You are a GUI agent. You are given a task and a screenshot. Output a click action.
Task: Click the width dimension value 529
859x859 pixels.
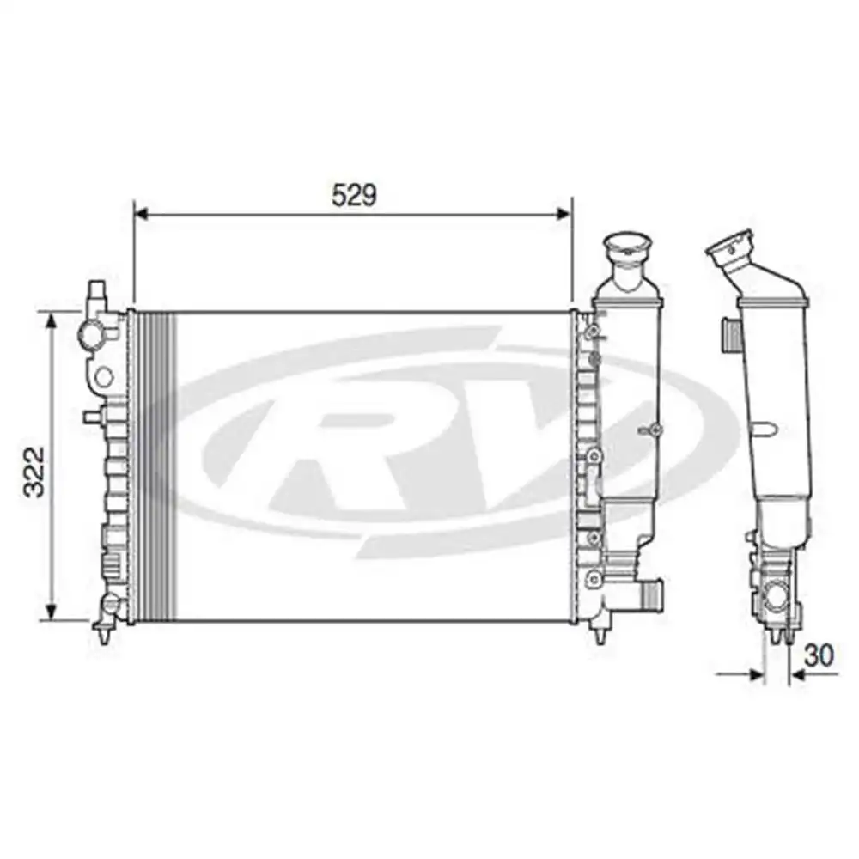(x=354, y=195)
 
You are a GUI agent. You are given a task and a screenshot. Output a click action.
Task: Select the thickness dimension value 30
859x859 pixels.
(x=820, y=655)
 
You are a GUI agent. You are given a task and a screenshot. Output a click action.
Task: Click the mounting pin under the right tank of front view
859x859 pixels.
(x=598, y=636)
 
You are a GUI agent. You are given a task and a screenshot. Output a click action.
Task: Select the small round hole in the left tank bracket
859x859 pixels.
(x=103, y=375)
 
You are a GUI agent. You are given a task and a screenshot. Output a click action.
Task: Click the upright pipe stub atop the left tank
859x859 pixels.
(x=96, y=294)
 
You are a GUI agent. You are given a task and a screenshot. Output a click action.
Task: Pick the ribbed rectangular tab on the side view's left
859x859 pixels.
(x=729, y=333)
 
